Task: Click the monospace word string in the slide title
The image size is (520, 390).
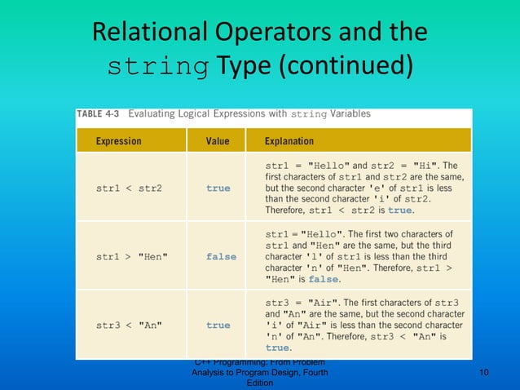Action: click(158, 65)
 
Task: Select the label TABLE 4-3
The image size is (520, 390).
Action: click(101, 115)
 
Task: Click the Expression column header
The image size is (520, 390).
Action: click(118, 141)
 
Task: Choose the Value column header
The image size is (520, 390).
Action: click(218, 141)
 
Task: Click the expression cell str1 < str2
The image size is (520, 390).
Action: click(129, 188)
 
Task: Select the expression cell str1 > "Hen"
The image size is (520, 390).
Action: click(132, 257)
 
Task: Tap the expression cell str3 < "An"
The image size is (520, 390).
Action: click(129, 326)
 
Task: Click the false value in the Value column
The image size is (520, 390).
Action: click(221, 257)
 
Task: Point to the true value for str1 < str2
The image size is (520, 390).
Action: click(218, 188)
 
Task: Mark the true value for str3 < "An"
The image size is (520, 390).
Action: click(218, 326)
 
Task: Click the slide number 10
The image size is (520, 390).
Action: click(484, 373)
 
